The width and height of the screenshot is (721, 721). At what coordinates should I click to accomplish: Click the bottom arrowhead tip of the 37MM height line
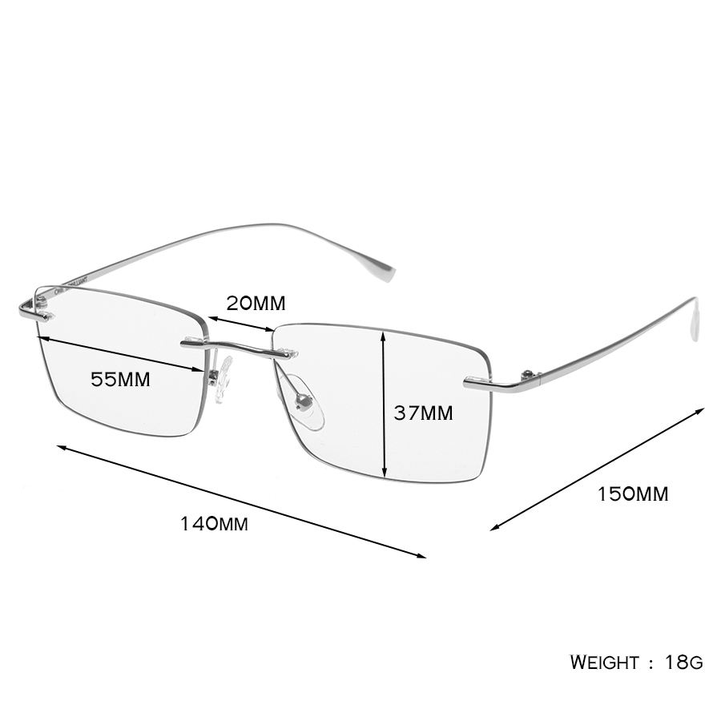(x=385, y=477)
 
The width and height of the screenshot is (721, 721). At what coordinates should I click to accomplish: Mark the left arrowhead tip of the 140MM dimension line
(x=57, y=445)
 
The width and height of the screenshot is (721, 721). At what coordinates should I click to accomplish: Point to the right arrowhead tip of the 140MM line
(x=427, y=558)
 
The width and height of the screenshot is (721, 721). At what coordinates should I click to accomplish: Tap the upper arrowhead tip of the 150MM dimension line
(x=705, y=408)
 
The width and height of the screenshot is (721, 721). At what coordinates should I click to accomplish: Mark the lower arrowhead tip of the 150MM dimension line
(x=490, y=530)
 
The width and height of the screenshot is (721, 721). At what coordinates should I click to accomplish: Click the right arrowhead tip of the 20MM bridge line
(x=275, y=330)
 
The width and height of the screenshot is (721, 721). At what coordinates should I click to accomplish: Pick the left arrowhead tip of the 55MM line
(x=38, y=337)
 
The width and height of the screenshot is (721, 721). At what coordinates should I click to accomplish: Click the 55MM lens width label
(x=120, y=380)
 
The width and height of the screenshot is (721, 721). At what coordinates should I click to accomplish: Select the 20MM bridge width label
(x=256, y=303)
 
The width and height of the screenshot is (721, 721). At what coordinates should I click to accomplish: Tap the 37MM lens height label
(x=423, y=413)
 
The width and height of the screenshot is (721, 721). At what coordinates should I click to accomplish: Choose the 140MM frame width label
(x=214, y=524)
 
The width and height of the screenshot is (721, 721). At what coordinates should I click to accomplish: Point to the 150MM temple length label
(x=633, y=493)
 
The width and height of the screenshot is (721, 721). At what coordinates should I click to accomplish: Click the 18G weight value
(x=684, y=663)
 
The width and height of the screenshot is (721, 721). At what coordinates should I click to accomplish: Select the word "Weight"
(x=604, y=663)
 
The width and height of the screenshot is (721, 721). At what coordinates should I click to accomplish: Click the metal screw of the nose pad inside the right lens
(x=304, y=402)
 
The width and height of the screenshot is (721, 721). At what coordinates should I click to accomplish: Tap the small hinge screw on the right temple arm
(x=529, y=373)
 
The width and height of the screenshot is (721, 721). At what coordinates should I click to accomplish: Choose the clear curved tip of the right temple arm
(x=695, y=319)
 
